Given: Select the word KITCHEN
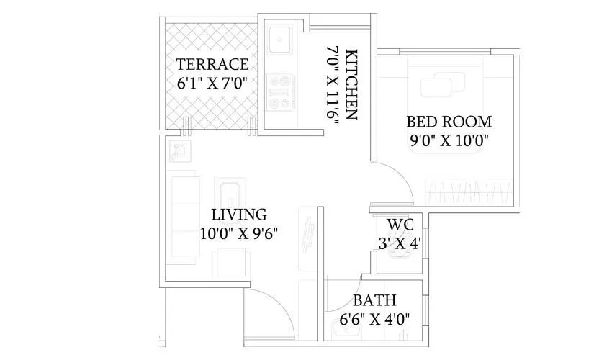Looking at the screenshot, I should coord(351,84).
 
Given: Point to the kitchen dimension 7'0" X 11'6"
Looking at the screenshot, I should coord(332,85).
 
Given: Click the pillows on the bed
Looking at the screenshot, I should coord(441,86).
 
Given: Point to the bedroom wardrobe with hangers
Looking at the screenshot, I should coord(470,192).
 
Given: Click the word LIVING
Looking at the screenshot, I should coord(238,215).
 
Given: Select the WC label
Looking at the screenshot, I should coord(400,224).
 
